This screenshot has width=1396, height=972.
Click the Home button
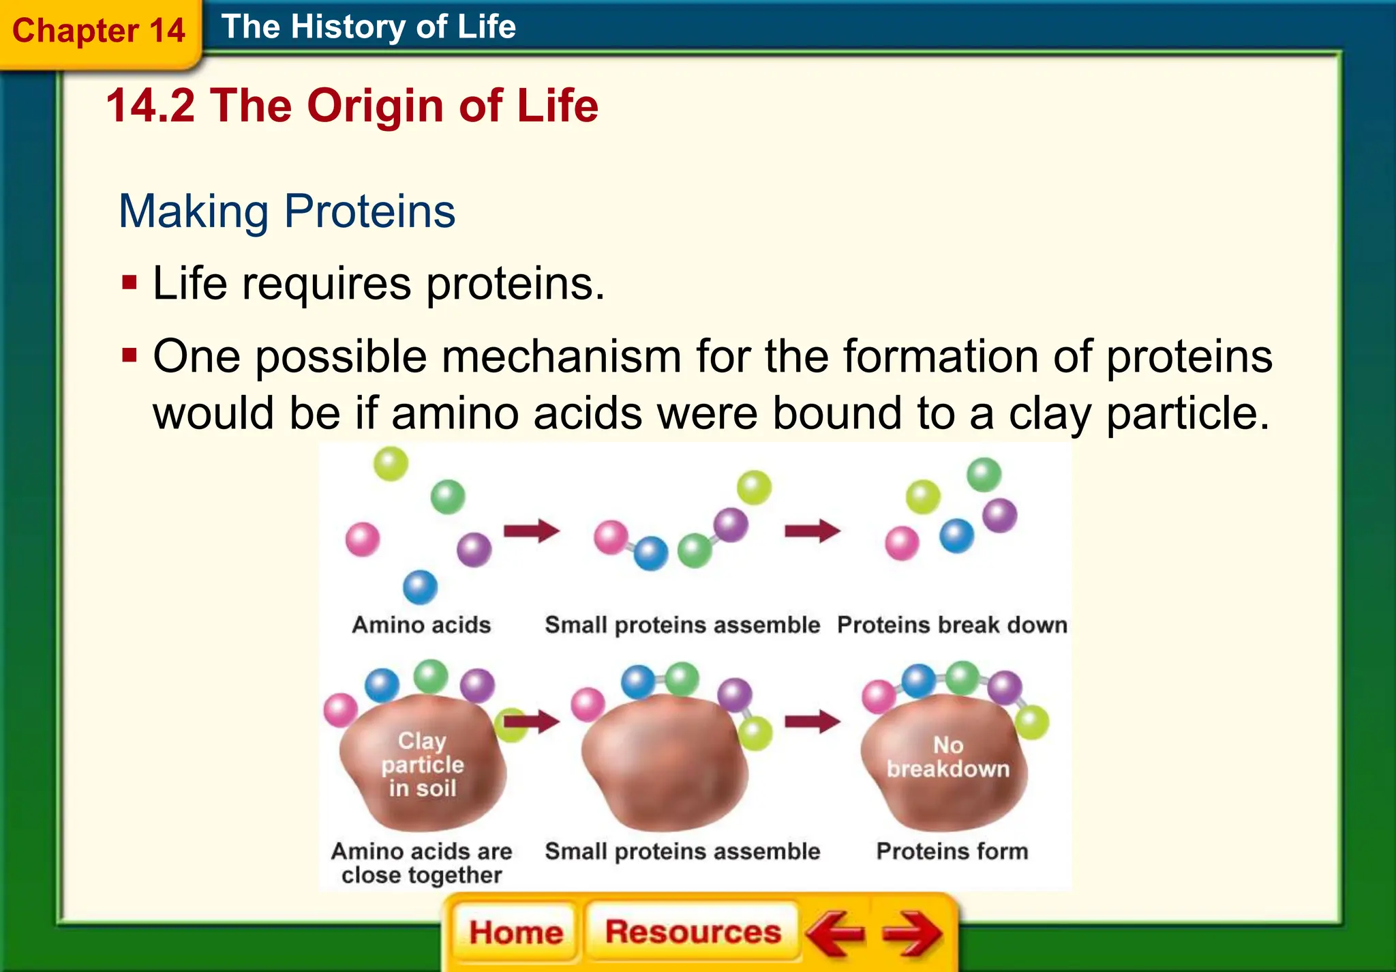[x=516, y=932]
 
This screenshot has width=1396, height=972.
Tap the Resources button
[x=693, y=932]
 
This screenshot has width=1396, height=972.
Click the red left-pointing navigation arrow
[x=835, y=933]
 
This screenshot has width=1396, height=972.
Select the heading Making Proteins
[x=287, y=211]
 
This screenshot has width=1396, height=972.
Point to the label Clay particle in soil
[x=422, y=765]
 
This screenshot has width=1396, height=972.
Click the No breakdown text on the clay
[x=947, y=757]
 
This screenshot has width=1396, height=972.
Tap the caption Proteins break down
[x=952, y=625]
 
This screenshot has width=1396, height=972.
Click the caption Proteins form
[x=952, y=851]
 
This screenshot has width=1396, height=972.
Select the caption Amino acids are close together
[x=421, y=863]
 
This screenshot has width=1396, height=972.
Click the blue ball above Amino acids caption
[x=420, y=587]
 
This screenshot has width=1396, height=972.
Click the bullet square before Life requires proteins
[x=130, y=282]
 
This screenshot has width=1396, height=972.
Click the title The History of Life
[x=369, y=27]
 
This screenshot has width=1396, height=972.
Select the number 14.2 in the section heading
[x=151, y=106]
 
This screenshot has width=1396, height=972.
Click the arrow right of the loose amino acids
[x=531, y=531]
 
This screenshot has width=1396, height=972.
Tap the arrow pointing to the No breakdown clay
[x=812, y=721]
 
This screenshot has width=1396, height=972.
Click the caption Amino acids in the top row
[x=421, y=625]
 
